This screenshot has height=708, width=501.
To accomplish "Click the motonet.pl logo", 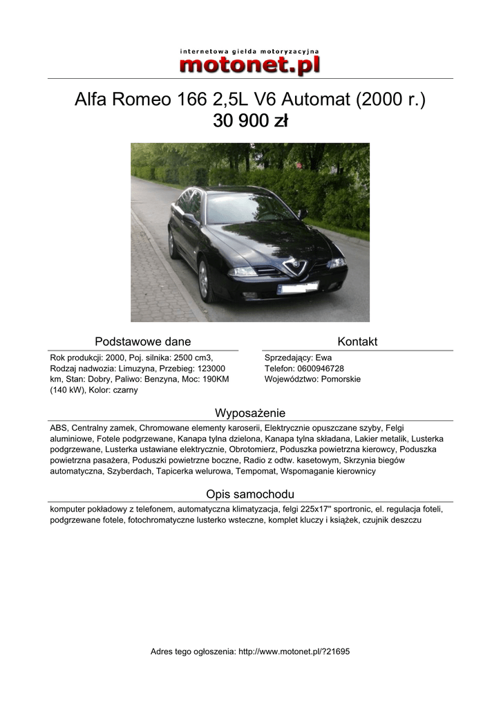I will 249,66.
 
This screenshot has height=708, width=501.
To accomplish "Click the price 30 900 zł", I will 250,121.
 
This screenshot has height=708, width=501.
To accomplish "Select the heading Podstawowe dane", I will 142,342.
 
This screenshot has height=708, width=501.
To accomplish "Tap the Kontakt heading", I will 357,342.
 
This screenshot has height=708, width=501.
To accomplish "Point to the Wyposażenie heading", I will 250,413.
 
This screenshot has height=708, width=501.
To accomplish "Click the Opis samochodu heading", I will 250,494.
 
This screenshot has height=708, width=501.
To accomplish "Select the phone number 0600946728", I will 319,369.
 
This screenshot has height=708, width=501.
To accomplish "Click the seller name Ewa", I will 323,358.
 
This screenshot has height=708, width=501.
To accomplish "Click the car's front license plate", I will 297,288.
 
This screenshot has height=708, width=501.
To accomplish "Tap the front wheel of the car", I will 205,281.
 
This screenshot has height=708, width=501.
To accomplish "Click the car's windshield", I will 249,208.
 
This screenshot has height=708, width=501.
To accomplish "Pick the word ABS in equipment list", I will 58,428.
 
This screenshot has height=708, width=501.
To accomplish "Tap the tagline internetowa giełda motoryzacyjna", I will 249,51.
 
